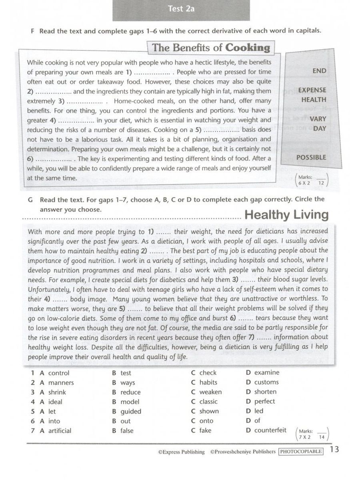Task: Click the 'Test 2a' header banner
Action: pyautogui.click(x=181, y=9)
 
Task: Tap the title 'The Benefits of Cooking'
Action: pyautogui.click(x=211, y=48)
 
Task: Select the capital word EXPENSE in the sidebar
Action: pyautogui.click(x=312, y=90)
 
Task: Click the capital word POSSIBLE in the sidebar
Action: pyautogui.click(x=311, y=158)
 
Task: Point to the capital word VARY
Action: pyautogui.click(x=318, y=119)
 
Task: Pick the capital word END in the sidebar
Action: pyautogui.click(x=319, y=71)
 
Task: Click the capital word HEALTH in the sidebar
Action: pyautogui.click(x=314, y=100)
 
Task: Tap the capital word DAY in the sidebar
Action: pyautogui.click(x=320, y=128)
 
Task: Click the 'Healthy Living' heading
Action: pyautogui.click(x=286, y=215)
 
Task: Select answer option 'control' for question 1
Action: pyautogui.click(x=58, y=373)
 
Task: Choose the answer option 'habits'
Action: pyautogui.click(x=208, y=382)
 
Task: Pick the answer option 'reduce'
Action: pyautogui.click(x=130, y=392)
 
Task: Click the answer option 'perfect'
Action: pyautogui.click(x=264, y=401)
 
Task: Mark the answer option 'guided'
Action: pyautogui.click(x=131, y=411)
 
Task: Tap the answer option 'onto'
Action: pyautogui.click(x=206, y=421)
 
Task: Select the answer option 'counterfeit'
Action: pyautogui.click(x=270, y=430)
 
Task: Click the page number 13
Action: pyautogui.click(x=334, y=449)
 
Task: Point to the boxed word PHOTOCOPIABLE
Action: pyautogui.click(x=301, y=452)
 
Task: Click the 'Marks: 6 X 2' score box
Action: pyautogui.click(x=312, y=180)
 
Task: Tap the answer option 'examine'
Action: pyautogui.click(x=267, y=372)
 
